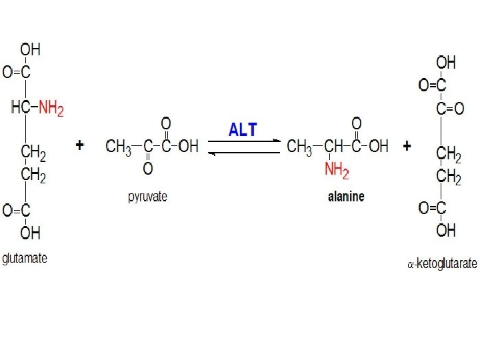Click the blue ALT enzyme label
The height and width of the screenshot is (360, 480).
point(243,130)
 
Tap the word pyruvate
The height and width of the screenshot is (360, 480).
point(147,197)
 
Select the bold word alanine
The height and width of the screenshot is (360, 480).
point(346,197)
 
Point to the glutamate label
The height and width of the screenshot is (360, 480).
point(25,258)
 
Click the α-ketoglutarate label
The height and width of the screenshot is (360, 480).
point(442,264)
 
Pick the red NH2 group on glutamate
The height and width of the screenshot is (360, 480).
point(51,107)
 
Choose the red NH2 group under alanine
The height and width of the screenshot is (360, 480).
point(337,171)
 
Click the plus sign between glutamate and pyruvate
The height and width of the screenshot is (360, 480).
point(80,145)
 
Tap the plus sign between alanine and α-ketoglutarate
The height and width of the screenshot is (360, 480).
point(406,146)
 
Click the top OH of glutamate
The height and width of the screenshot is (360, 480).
point(30,49)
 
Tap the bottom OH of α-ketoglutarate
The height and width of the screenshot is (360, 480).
point(446,231)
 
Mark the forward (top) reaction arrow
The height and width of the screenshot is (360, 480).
point(244,141)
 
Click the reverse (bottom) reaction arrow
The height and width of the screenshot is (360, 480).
point(244,152)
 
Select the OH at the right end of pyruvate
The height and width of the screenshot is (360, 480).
point(189,146)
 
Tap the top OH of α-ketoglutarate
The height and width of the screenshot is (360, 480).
point(446,63)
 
